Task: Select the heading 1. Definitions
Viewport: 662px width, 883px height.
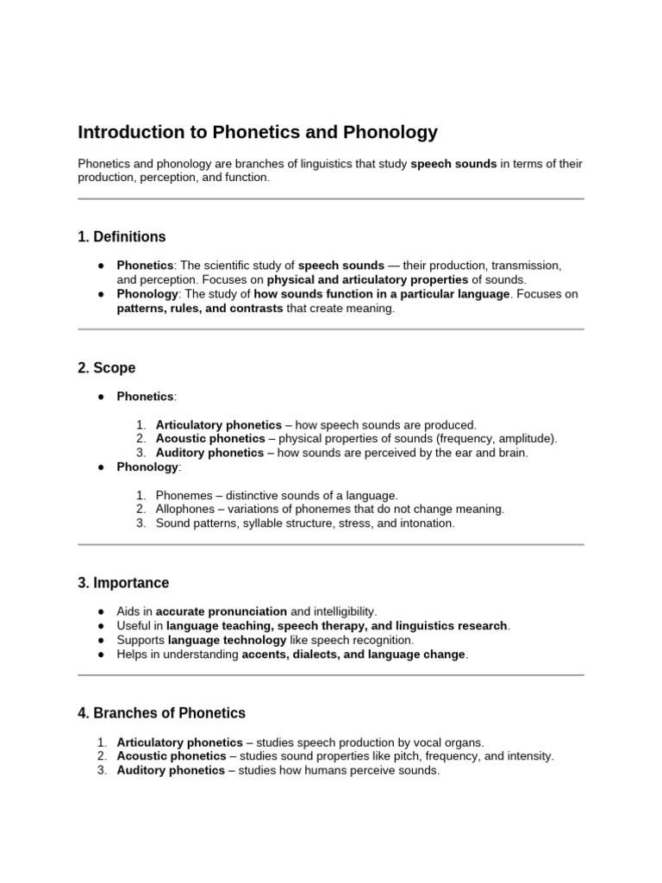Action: pyautogui.click(x=122, y=236)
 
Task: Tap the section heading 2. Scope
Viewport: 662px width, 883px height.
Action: pyautogui.click(x=106, y=367)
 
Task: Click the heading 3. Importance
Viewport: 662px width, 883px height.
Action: pyautogui.click(x=123, y=583)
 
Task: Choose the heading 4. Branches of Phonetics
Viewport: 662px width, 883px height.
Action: pyautogui.click(x=161, y=713)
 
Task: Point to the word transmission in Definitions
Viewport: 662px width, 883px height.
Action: pyautogui.click(x=525, y=266)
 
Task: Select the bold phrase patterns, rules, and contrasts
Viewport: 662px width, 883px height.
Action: pyautogui.click(x=200, y=309)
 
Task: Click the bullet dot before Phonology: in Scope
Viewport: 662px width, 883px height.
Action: pyautogui.click(x=101, y=467)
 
